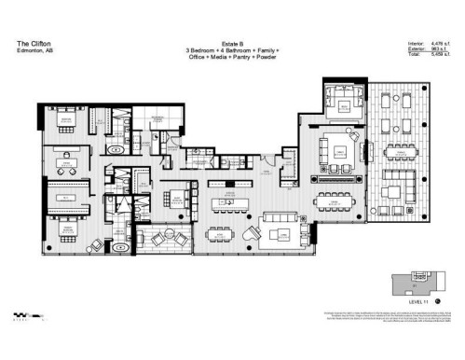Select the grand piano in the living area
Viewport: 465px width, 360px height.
coord(253,234)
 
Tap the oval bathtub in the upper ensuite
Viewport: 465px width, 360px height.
coord(115,150)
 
